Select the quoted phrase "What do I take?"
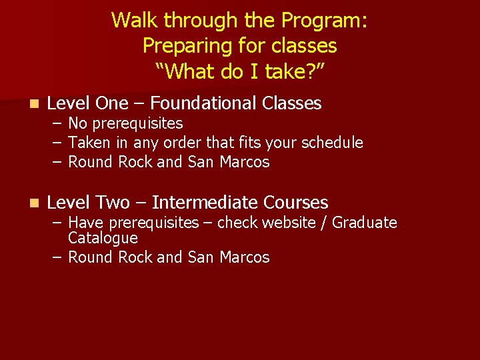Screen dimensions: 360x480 pos(239,71)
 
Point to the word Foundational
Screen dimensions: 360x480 pos(203,103)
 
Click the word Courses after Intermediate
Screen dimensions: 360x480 pos(296,203)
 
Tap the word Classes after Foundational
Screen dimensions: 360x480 pos(292,103)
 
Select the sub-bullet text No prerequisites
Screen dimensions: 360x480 pos(125,124)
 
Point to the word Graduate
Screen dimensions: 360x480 pos(364,223)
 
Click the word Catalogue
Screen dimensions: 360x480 pos(103,238)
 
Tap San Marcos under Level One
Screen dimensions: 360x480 pos(229,162)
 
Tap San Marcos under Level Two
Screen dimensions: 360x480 pos(229,257)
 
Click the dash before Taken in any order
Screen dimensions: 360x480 pos(56,143)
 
